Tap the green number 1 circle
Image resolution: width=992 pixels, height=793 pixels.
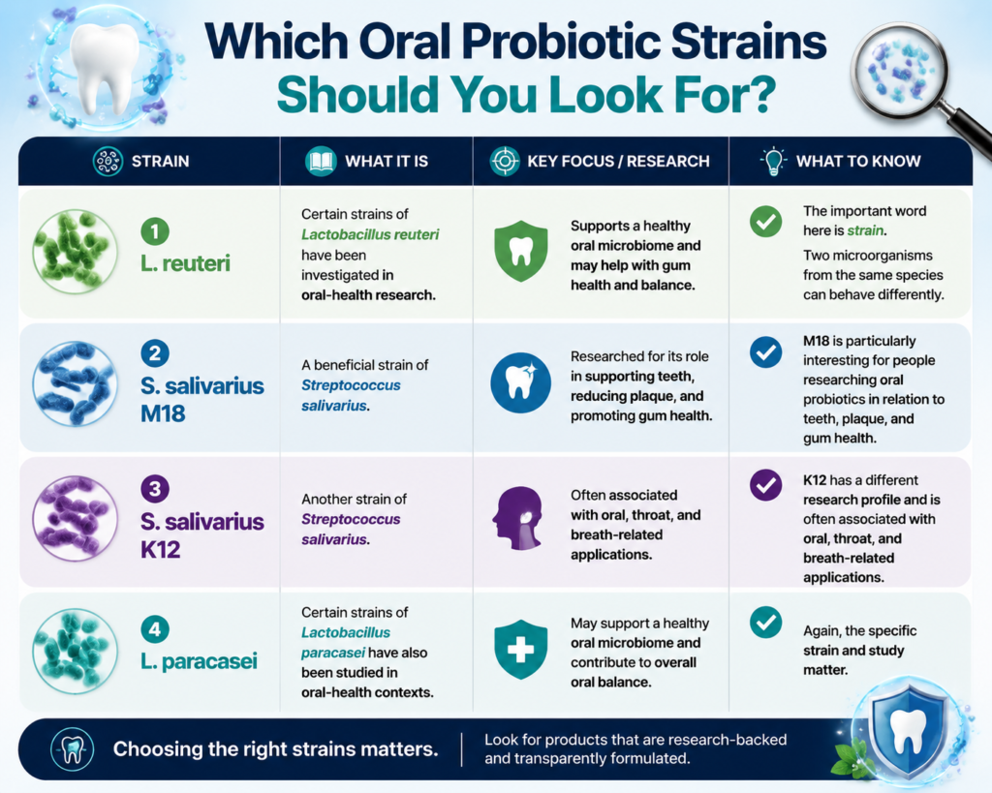155,230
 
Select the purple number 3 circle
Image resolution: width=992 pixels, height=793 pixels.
155,488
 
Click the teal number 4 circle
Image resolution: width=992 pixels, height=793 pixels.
155,629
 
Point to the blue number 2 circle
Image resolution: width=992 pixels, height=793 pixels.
155,352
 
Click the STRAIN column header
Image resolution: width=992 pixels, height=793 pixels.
160,162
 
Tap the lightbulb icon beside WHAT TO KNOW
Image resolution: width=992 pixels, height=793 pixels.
773,162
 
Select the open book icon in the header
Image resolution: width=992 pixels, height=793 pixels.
321,162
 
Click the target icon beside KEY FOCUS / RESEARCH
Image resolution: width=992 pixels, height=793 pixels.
505,162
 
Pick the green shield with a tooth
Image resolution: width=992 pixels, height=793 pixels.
520,251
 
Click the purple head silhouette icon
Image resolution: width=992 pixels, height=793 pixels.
518,518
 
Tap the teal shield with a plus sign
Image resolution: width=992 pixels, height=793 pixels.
520,650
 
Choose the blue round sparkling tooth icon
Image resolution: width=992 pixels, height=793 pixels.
520,382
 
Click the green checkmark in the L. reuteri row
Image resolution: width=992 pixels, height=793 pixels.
765,222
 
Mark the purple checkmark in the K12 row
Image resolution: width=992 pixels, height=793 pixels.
765,485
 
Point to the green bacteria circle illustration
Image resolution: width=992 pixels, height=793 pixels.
76,251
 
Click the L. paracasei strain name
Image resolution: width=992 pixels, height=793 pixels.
199,661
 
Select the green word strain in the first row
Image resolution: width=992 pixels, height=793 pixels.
865,230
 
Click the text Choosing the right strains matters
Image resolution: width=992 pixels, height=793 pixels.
276,749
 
